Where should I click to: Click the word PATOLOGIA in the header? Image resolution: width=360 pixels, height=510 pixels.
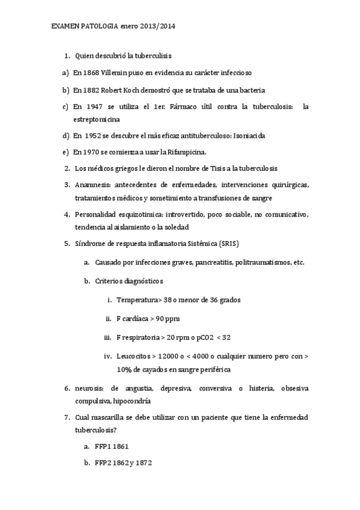point(99,27)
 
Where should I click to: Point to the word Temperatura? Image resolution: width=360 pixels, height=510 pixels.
point(138,300)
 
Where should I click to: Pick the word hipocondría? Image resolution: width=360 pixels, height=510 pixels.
point(132,401)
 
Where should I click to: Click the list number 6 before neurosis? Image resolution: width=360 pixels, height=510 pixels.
point(66,389)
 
